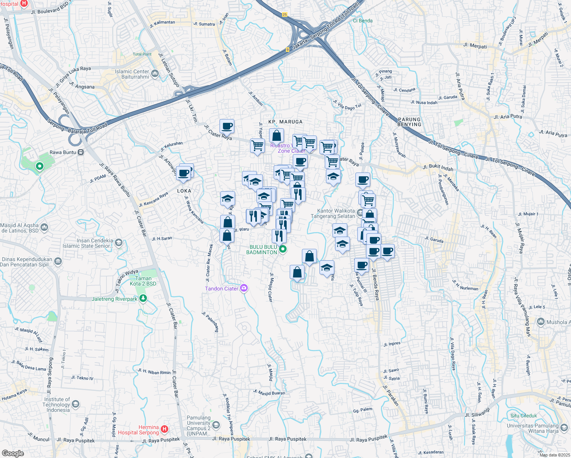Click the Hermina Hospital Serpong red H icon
pos(165,429)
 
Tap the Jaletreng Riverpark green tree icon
pos(143,298)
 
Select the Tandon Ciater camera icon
pos(244,288)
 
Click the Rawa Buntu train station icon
pos(81,152)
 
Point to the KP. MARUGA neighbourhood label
pos(285,122)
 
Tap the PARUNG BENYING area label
pos(409,122)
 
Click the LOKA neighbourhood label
pos(184,191)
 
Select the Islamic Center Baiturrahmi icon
pos(155,73)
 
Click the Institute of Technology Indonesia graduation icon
pos(76,404)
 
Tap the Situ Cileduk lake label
pos(524,416)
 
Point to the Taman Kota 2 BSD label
pos(143,281)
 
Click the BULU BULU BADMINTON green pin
pos(283,250)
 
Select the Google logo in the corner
pos(13,453)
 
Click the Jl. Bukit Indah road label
pos(438,168)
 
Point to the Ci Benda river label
pos(363,21)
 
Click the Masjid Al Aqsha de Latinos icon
pos(44,228)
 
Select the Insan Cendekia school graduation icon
pos(119,243)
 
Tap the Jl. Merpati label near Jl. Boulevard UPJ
pos(475,46)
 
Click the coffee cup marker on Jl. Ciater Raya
pos(227,126)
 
